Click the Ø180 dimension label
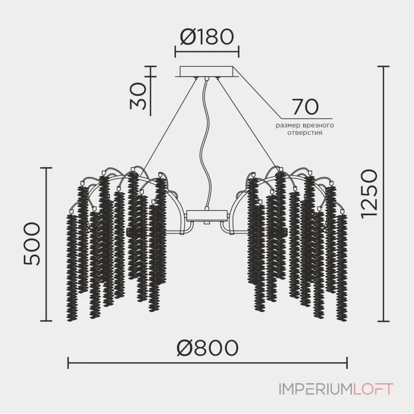point(206,36)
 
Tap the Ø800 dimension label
point(208,347)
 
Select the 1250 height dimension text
point(369,194)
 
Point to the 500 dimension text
point(32,243)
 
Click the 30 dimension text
point(138,96)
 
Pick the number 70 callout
point(305,107)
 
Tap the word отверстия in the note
point(305,132)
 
